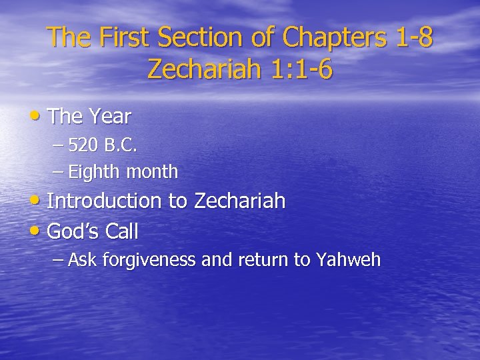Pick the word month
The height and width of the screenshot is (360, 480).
pos(153,172)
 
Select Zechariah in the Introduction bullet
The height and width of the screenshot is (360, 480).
pos(239,201)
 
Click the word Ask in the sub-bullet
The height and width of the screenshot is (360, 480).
pos(83,260)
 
